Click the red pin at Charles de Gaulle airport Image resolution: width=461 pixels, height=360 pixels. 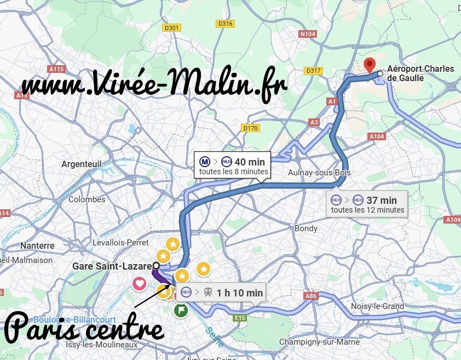pos(371,65)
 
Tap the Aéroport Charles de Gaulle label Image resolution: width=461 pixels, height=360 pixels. pos(420,73)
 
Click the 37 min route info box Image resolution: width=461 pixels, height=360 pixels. pos(367,204)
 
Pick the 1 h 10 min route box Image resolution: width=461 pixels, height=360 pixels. pos(222,293)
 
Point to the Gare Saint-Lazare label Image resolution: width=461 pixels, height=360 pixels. pos(111,266)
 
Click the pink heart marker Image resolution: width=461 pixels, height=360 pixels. pos(140,284)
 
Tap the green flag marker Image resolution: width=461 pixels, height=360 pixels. pos(181,311)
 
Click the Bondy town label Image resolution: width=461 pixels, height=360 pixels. pos(306,228)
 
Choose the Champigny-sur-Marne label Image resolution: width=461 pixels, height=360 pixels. pos(319,342)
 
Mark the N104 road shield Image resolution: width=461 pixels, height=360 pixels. pos(308,34)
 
